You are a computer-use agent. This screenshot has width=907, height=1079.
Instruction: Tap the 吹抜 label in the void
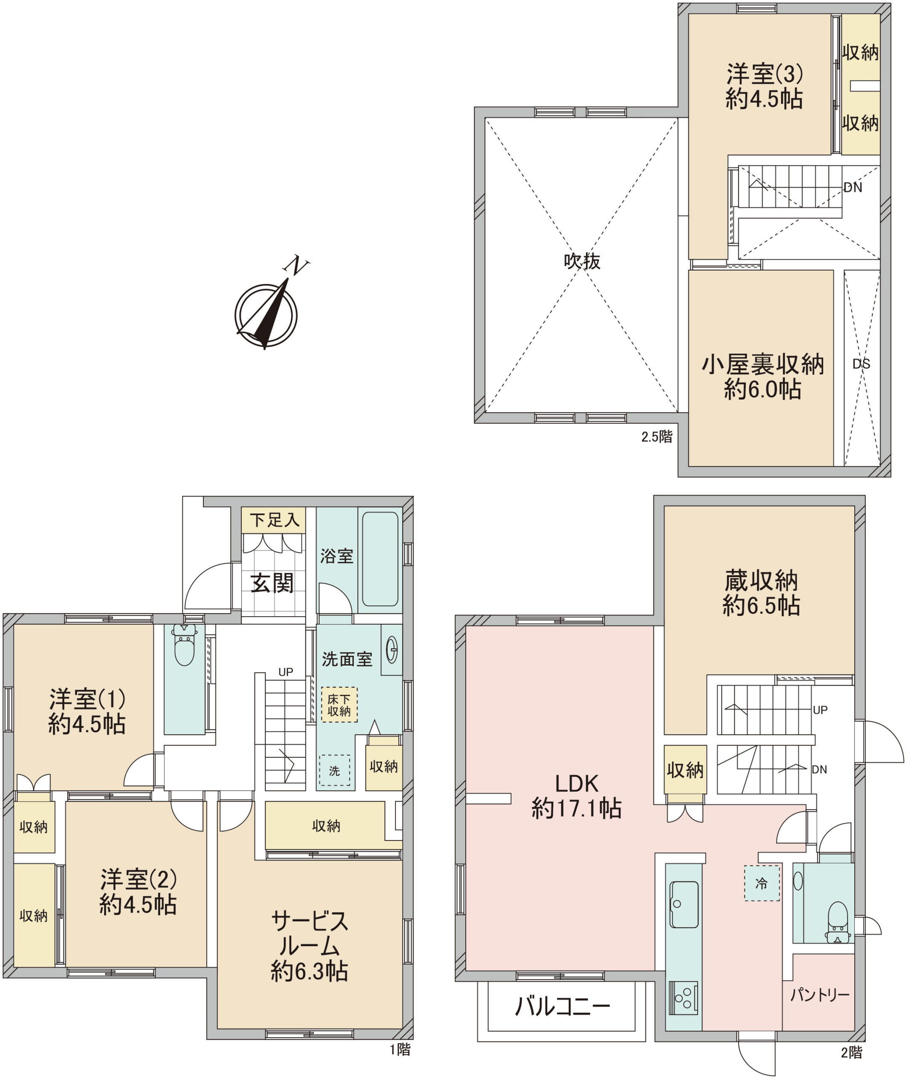(x=582, y=261)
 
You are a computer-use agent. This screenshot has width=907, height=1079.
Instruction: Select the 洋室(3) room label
(x=764, y=86)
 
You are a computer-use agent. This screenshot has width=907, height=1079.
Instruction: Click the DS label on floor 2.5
(x=861, y=364)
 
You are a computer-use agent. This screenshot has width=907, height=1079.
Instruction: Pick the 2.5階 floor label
(x=656, y=437)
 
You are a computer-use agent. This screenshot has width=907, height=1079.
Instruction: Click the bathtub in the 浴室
(x=380, y=559)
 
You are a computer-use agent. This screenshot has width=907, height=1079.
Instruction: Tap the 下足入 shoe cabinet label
(x=275, y=520)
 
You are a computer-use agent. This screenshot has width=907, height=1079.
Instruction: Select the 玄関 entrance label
(x=272, y=583)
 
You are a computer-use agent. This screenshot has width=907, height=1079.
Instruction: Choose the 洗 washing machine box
(x=335, y=771)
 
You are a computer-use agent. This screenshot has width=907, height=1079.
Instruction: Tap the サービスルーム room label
(x=309, y=946)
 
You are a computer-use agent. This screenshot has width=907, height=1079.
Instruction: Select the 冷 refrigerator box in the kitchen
(x=761, y=883)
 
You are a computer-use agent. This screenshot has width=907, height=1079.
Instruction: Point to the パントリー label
(x=819, y=995)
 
